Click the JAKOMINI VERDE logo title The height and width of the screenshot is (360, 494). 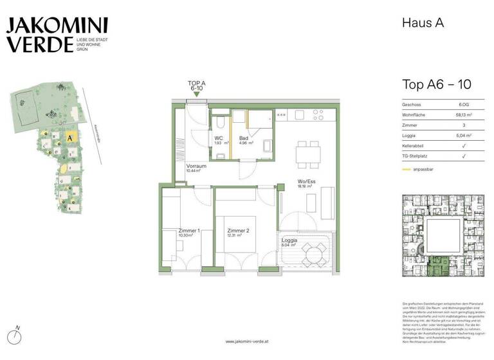point(57,35)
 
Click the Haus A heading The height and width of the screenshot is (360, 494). point(423,23)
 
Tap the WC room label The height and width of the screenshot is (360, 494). point(218,138)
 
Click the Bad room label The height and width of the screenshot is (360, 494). point(244,138)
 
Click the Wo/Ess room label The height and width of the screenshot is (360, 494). point(306,181)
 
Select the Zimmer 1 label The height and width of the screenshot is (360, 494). point(172,230)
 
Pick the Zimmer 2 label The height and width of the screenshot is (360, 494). point(237,230)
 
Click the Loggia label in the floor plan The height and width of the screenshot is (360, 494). point(289,241)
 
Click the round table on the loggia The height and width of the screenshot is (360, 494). point(313,253)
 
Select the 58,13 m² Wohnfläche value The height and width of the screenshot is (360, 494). point(462,114)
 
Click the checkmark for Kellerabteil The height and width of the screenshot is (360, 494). point(464,147)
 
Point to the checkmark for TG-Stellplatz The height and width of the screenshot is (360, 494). point(464,157)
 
